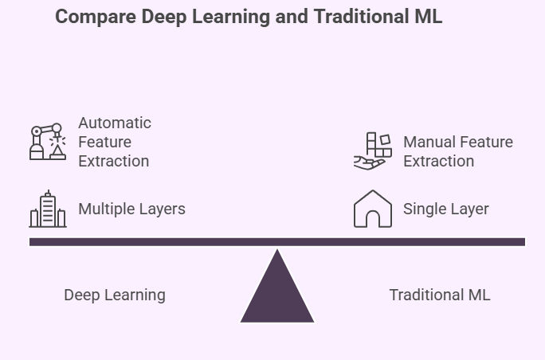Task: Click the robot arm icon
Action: (x=47, y=142)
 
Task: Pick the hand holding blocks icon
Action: (x=372, y=151)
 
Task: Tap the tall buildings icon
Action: (x=47, y=209)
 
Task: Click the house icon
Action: (x=372, y=209)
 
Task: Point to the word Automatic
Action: (x=115, y=123)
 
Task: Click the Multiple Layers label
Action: (x=131, y=209)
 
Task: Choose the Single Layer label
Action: (x=445, y=209)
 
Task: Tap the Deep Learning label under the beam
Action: (x=115, y=295)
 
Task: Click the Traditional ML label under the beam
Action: (x=439, y=295)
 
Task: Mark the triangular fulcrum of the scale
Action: (x=277, y=291)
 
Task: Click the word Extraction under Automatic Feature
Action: (x=113, y=161)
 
